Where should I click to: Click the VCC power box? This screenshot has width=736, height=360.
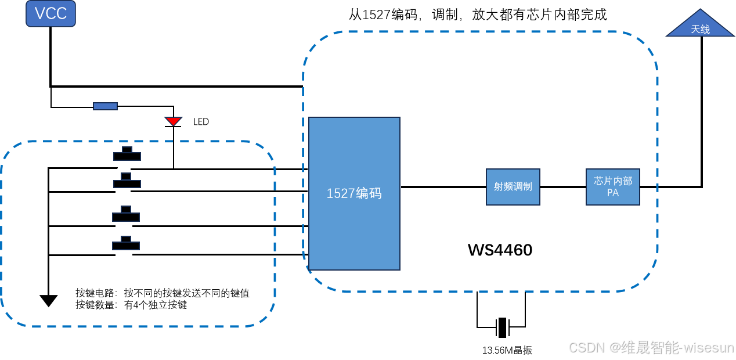pyautogui.click(x=50, y=14)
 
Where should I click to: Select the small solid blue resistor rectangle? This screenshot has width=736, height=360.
pyautogui.click(x=105, y=106)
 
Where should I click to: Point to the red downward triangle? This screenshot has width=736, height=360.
pyautogui.click(x=173, y=120)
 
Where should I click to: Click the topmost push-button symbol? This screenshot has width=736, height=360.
pyautogui.click(x=127, y=154)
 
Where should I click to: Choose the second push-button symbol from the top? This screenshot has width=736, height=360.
pyautogui.click(x=127, y=182)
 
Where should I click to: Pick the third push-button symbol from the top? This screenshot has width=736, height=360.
pyautogui.click(x=126, y=215)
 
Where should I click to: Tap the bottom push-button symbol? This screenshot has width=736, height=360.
pyautogui.click(x=126, y=244)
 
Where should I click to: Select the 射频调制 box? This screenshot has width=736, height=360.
pyautogui.click(x=513, y=187)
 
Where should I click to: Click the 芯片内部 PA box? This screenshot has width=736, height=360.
pyautogui.click(x=613, y=187)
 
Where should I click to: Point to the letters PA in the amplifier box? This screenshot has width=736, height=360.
pyautogui.click(x=613, y=193)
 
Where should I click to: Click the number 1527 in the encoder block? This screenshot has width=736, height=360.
pyautogui.click(x=340, y=194)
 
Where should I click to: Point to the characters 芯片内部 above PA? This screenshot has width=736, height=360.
pyautogui.click(x=613, y=181)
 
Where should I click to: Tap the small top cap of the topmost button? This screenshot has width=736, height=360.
pyautogui.click(x=127, y=150)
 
